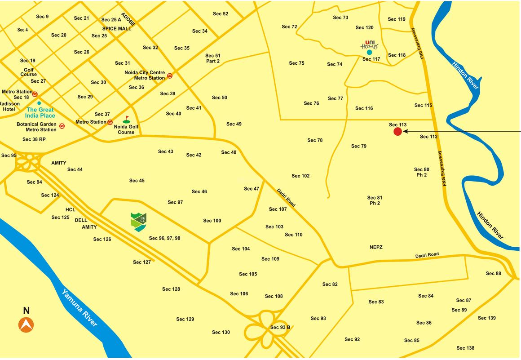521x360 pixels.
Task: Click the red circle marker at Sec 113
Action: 397,131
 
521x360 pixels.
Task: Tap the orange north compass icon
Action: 26,324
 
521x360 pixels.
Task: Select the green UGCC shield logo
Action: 138,222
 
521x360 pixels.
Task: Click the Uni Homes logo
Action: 370,45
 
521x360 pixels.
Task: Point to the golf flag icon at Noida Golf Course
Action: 126,120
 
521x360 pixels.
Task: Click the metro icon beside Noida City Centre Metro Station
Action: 170,76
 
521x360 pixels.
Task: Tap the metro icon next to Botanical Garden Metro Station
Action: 62,126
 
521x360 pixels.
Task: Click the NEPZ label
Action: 376,247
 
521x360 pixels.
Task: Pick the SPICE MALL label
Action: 117,28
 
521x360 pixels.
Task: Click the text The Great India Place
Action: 40,113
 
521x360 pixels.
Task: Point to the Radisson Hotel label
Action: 9,107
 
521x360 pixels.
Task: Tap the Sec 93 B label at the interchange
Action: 280,327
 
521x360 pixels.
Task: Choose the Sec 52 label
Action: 220,14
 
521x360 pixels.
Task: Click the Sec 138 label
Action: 465,348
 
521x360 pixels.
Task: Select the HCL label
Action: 70,210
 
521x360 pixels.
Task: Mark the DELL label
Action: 81,220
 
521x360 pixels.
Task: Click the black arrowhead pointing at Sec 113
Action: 406,131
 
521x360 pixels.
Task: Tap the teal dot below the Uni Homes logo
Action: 369,52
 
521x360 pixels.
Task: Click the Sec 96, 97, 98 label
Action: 164,238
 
